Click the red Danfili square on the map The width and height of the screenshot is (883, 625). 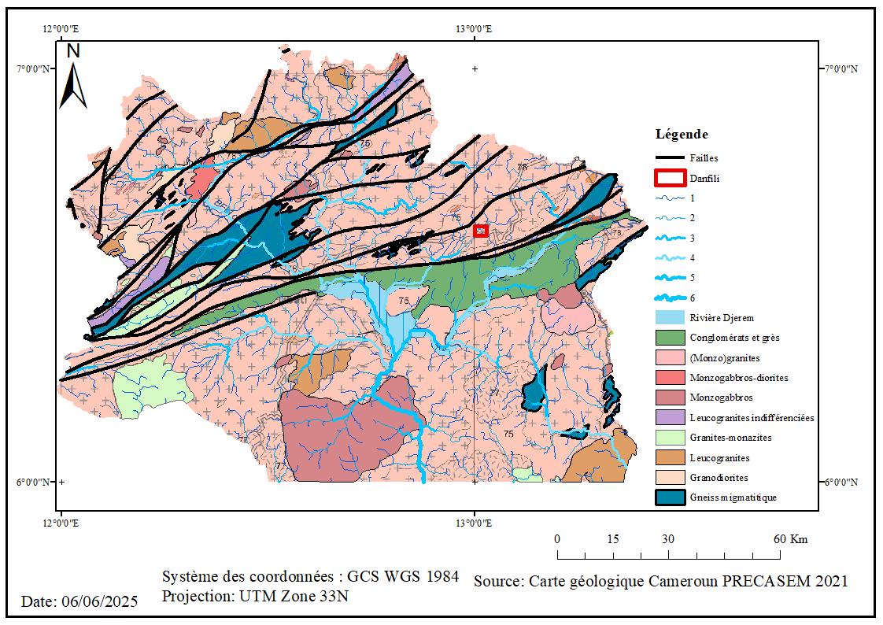[481, 231]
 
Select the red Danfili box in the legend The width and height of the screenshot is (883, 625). [669, 178]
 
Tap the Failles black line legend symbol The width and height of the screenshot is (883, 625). [669, 158]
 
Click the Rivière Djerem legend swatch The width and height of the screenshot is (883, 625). [669, 318]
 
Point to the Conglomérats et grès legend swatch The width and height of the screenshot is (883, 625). [669, 338]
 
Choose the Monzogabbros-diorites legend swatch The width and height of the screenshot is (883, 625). [669, 378]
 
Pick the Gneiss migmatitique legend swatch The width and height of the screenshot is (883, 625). [669, 497]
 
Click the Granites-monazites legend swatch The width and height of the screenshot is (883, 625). [669, 438]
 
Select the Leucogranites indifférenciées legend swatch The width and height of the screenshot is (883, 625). [669, 417]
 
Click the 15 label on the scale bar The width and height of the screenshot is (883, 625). [613, 539]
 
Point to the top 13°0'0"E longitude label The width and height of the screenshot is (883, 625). [474, 29]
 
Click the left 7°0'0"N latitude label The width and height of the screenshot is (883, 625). [35, 68]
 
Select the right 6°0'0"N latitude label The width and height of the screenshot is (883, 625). [843, 483]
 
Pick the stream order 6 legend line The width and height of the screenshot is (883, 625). [669, 298]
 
